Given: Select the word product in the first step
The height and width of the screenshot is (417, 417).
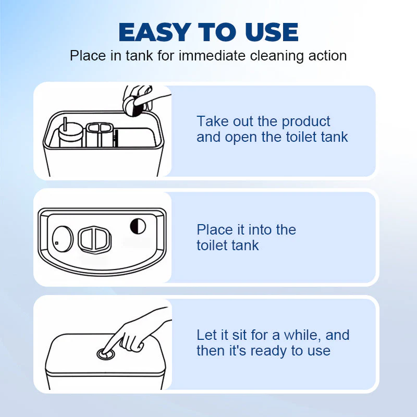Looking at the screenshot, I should click(x=305, y=122).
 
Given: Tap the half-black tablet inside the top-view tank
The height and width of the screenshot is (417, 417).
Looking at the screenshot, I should click(x=138, y=226).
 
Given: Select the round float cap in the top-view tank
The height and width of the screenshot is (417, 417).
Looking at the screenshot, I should click(x=63, y=237).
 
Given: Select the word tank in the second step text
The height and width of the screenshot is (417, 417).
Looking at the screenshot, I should click(x=245, y=246).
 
